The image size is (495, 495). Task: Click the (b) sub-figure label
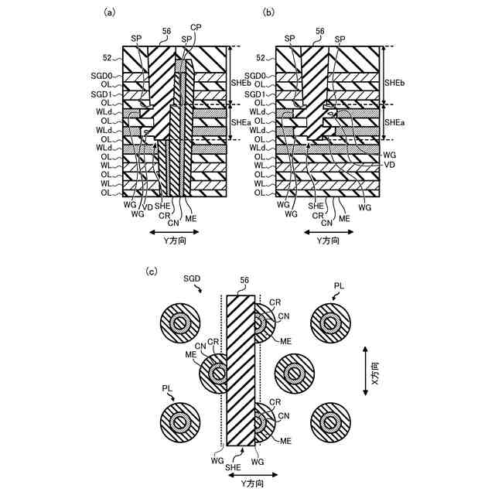[268, 12]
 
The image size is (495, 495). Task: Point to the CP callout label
[196, 28]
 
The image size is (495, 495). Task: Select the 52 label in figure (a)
[108, 57]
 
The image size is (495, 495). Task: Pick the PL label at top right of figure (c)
[339, 286]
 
